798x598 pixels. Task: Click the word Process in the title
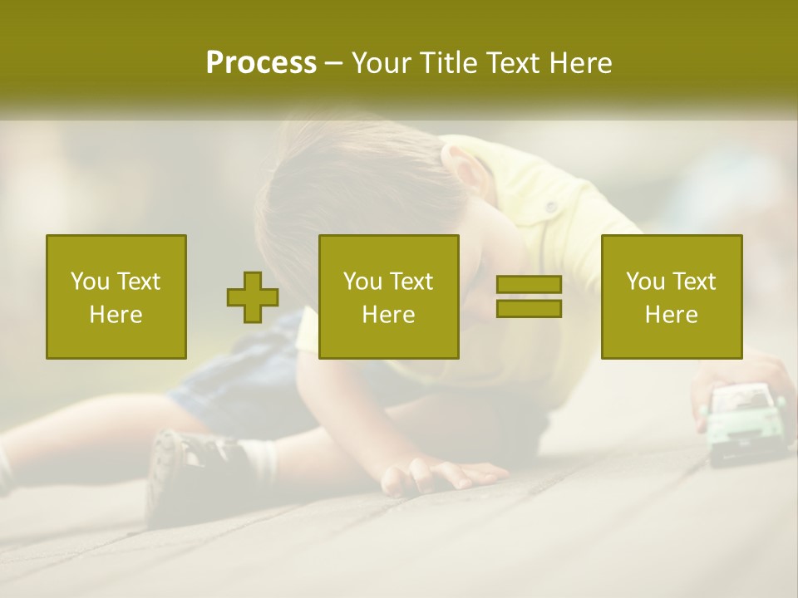point(261,63)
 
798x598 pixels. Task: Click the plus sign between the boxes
point(253,297)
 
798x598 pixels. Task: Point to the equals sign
point(529,297)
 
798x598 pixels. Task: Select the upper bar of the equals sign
point(529,285)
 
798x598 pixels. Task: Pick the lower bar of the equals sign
point(529,308)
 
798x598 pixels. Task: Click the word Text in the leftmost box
point(138,282)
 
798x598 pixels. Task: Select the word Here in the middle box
point(388,315)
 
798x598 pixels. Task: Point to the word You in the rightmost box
point(645,282)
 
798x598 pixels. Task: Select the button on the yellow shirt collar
point(549,205)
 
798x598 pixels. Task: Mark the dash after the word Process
point(334,65)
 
